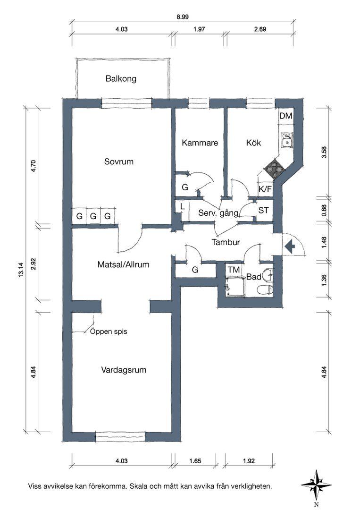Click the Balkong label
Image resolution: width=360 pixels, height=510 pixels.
[121, 79]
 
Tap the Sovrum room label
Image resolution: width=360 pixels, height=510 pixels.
[118, 161]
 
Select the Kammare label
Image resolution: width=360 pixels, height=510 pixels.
[200, 143]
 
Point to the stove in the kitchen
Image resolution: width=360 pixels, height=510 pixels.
[274, 170]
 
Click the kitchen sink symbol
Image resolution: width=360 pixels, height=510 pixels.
[286, 141]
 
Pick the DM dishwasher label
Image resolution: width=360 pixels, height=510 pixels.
[286, 116]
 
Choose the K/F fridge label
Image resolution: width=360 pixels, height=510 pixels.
[265, 189]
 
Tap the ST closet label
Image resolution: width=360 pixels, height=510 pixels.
[263, 211]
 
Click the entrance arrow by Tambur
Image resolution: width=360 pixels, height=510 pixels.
[289, 246]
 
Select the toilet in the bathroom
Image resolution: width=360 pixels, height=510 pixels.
[264, 289]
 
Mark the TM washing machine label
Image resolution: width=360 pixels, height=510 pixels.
[234, 270]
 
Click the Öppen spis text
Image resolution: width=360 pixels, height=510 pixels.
[109, 331]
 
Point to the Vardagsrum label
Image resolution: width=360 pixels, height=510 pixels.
[124, 370]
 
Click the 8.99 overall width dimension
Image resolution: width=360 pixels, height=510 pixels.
[183, 17]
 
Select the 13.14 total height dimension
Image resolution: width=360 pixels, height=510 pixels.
[21, 270]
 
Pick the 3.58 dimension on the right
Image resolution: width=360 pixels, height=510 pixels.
[324, 153]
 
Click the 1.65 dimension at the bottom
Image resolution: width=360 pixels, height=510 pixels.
[195, 461]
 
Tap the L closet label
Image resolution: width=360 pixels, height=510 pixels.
[182, 206]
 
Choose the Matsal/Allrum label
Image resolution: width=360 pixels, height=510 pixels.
[124, 265]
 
